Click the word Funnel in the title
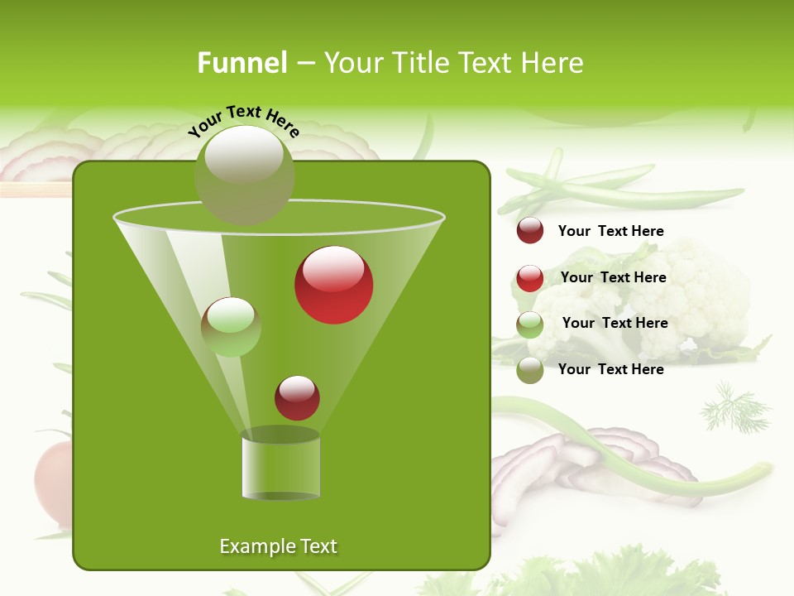tap(242, 63)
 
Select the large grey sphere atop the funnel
tap(244, 175)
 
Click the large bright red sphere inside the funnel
tap(333, 285)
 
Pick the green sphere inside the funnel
tap(231, 327)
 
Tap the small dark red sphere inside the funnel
tap(297, 397)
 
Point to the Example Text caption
tap(278, 546)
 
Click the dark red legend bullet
tap(530, 231)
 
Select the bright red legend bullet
tap(530, 278)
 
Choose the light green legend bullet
tap(530, 324)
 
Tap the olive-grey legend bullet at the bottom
tap(530, 371)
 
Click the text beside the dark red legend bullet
tap(610, 231)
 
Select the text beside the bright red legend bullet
tap(613, 277)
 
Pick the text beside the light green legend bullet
tap(615, 323)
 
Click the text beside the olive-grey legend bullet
tap(610, 369)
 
